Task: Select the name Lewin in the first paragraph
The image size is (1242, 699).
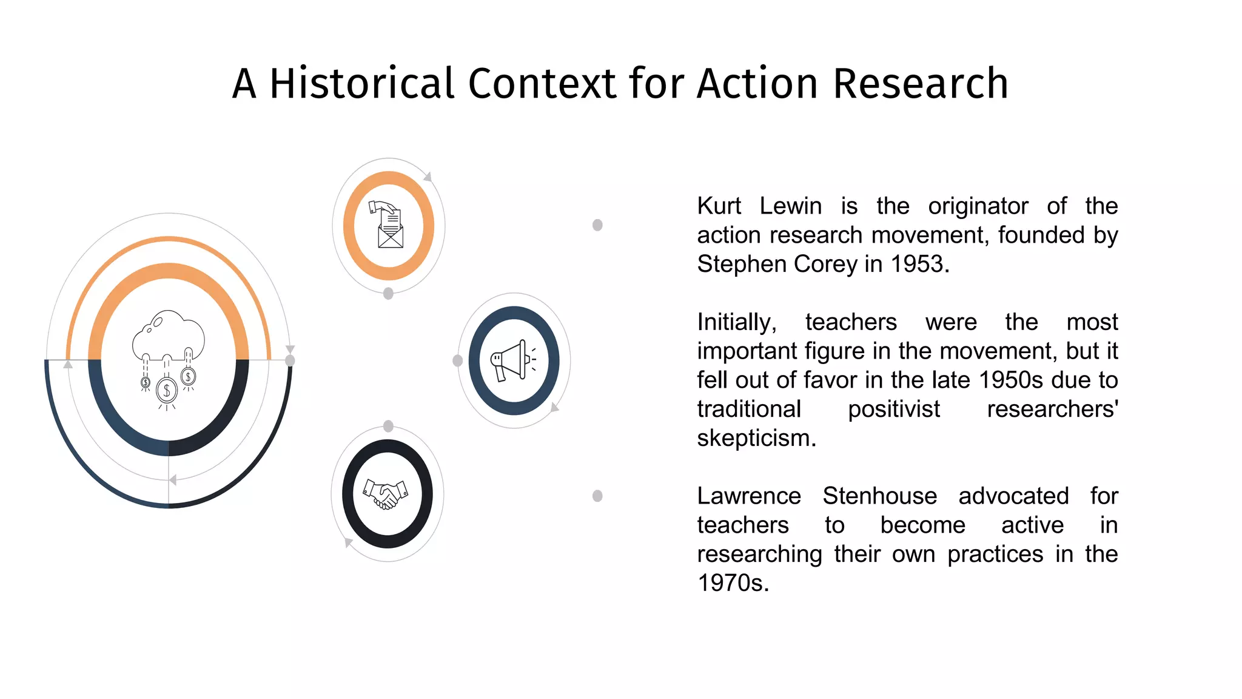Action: pos(790,206)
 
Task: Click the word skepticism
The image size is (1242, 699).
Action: pos(756,438)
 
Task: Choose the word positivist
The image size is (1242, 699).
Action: pos(893,410)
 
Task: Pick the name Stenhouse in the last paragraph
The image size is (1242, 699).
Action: pos(879,496)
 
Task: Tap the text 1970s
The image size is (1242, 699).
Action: pos(733,583)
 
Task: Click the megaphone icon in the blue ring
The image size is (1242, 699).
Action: pos(513,360)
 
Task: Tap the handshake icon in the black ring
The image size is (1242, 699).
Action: pos(386,493)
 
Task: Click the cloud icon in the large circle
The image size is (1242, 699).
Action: pos(169,334)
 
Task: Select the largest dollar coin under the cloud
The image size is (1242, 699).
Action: pos(167,390)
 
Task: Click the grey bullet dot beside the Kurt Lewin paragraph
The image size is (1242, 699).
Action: pos(597,225)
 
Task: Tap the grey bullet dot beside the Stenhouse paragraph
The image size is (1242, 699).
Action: pos(597,496)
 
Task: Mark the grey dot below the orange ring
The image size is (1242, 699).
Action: pos(389,294)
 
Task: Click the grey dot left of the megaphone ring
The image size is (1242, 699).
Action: pos(458,361)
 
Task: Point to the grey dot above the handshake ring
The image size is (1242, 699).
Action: pos(389,426)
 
